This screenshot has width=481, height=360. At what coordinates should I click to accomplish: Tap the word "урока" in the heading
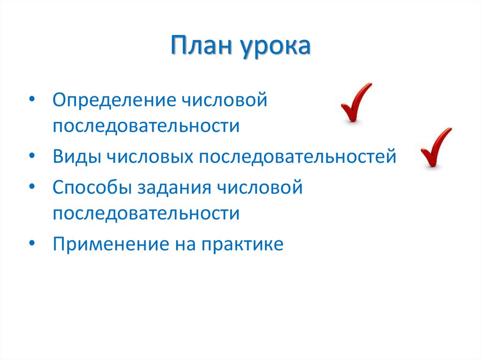pos(276,48)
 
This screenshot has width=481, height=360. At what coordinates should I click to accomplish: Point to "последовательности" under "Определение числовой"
pos(146,126)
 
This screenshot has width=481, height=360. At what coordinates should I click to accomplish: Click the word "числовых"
pos(149,156)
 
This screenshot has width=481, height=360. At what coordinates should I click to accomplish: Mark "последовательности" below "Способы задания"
pos(146,214)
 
